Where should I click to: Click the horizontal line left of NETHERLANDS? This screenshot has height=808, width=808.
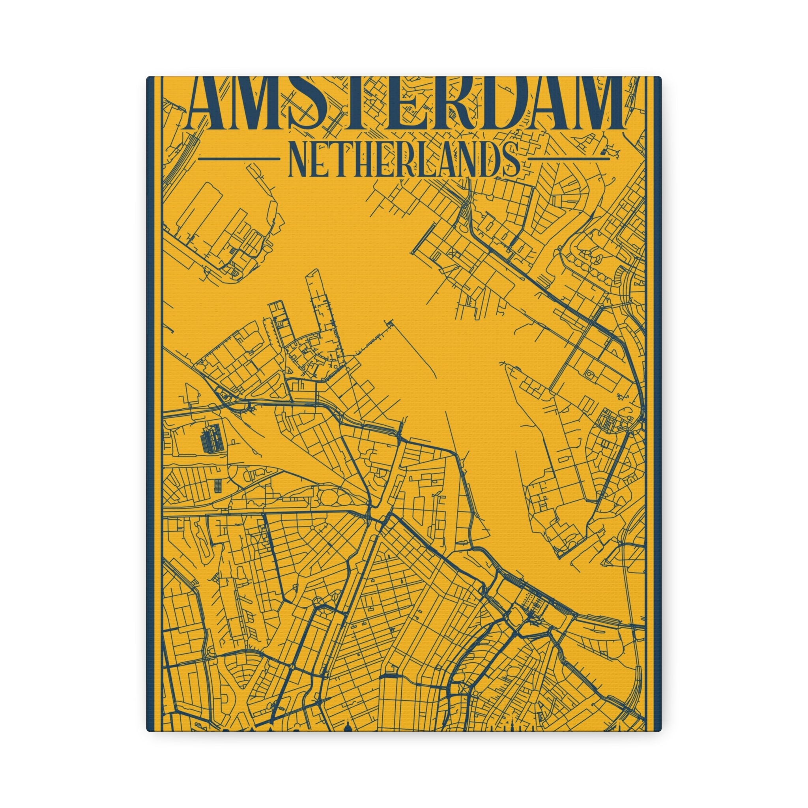[x=238, y=159]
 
